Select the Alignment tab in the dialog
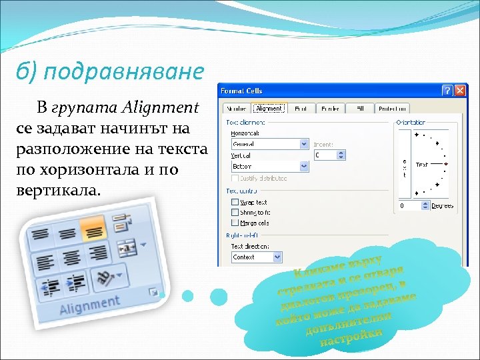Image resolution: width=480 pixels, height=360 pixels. click(x=269, y=109)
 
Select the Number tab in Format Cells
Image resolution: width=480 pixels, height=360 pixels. click(x=236, y=109)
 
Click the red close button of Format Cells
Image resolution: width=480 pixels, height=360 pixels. click(x=460, y=91)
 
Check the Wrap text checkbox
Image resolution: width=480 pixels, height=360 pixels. click(x=235, y=202)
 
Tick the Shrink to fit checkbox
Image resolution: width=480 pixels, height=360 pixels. click(x=235, y=212)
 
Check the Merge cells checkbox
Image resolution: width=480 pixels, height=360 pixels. click(x=235, y=222)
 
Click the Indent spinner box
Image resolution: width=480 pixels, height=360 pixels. click(x=330, y=155)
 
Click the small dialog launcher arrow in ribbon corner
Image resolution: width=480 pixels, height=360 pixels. click(x=154, y=291)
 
